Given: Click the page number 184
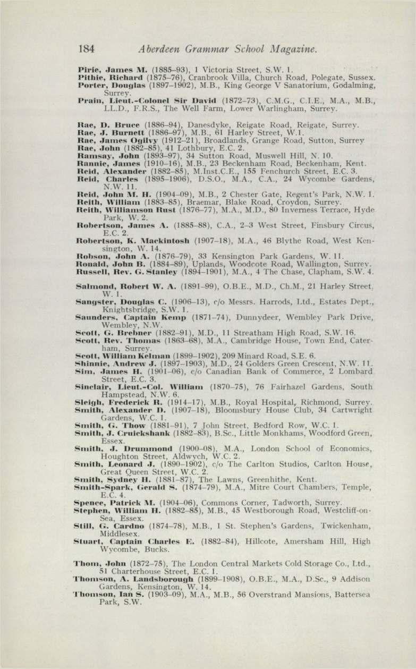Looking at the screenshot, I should click(86, 50).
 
